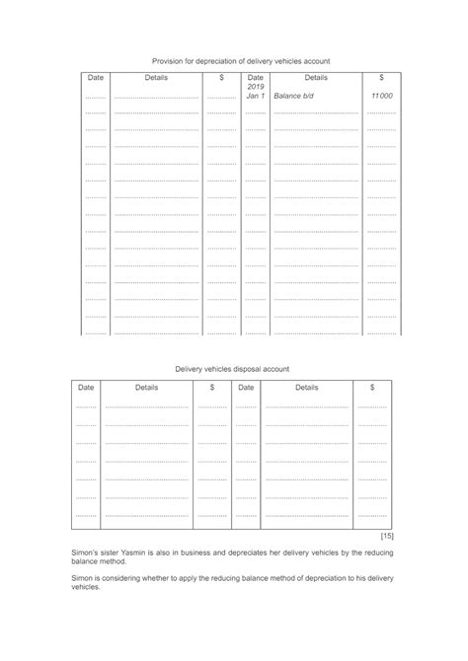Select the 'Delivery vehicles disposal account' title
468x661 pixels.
(x=232, y=368)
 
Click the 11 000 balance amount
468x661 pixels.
(x=381, y=97)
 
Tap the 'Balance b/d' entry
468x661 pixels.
(x=293, y=97)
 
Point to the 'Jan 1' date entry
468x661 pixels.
(x=255, y=97)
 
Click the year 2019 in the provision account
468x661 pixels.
(x=255, y=87)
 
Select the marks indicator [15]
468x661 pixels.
(x=388, y=535)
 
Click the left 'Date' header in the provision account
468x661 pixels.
(x=95, y=77)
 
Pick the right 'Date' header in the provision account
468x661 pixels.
(x=255, y=77)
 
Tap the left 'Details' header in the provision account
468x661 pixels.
(x=156, y=77)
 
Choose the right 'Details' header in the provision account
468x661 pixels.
(x=316, y=77)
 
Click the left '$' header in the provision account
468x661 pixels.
(x=222, y=77)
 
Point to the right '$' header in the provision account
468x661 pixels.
(x=381, y=77)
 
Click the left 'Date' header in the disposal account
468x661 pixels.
(x=86, y=388)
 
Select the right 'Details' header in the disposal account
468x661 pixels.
(x=307, y=388)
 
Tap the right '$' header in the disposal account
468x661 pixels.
(x=372, y=388)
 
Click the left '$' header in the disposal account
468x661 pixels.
(x=212, y=388)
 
